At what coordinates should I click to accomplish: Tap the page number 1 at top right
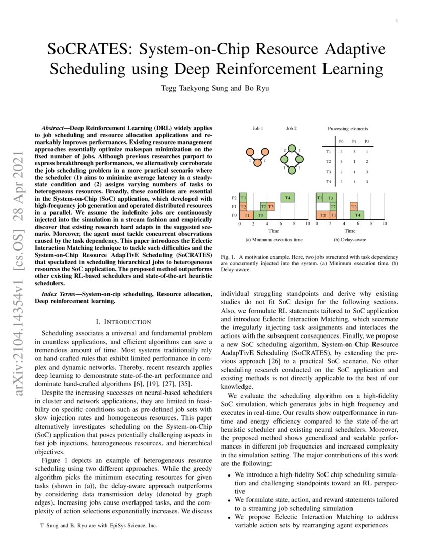point(396,21)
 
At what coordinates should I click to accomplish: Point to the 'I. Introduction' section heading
point(123,322)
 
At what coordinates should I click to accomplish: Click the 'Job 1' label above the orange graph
point(258,129)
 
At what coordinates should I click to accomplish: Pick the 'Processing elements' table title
point(347,129)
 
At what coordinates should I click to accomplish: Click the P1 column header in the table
point(354,141)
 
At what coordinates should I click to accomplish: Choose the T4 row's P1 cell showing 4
point(354,182)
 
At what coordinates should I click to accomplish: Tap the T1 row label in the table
point(329,151)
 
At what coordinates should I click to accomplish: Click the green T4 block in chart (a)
point(288,198)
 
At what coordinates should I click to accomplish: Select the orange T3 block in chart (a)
point(270,206)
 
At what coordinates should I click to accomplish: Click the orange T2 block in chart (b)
point(323,215)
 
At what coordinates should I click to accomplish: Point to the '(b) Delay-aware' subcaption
point(350,239)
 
